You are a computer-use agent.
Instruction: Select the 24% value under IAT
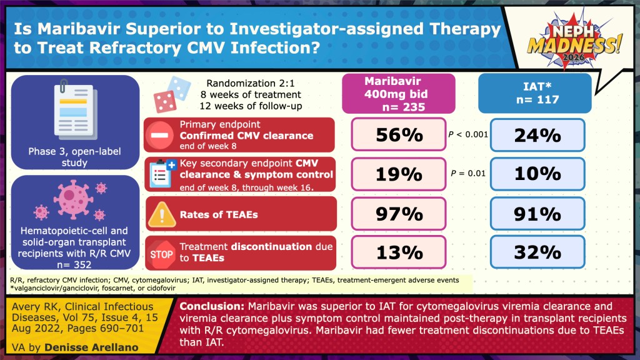click(537, 135)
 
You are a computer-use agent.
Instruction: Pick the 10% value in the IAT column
click(537, 174)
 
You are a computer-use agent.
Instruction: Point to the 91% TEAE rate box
click(537, 214)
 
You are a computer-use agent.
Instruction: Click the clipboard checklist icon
click(161, 174)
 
